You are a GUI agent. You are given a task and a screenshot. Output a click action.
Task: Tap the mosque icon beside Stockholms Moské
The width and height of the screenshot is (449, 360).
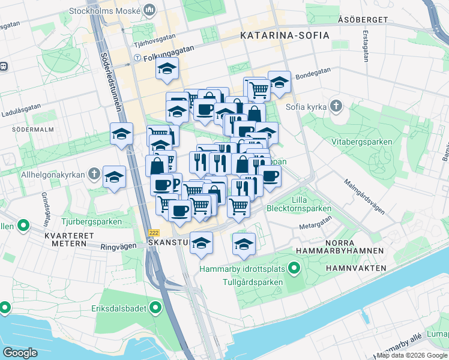point(150,10)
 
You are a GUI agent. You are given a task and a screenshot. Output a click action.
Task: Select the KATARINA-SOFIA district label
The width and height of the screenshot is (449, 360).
point(285,35)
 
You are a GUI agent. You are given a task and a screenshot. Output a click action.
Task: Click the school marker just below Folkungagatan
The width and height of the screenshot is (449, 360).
point(167,70)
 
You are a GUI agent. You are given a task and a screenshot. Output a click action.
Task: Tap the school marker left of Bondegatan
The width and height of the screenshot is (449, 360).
point(279,83)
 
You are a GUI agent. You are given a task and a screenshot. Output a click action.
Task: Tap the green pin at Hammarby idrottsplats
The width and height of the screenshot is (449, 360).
point(294,268)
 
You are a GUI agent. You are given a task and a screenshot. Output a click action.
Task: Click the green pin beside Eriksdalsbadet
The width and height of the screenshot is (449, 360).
point(155,308)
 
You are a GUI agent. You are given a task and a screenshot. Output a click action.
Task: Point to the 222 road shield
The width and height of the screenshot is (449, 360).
point(154,232)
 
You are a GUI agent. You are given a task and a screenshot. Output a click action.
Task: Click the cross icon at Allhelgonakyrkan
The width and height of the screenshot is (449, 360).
point(94,174)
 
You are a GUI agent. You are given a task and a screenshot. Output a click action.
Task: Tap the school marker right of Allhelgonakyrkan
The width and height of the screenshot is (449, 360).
point(114,178)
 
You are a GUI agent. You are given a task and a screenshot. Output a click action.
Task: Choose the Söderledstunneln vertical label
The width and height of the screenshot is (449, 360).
point(111,87)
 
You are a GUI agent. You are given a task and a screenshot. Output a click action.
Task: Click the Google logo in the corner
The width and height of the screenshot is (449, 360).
point(20,352)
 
